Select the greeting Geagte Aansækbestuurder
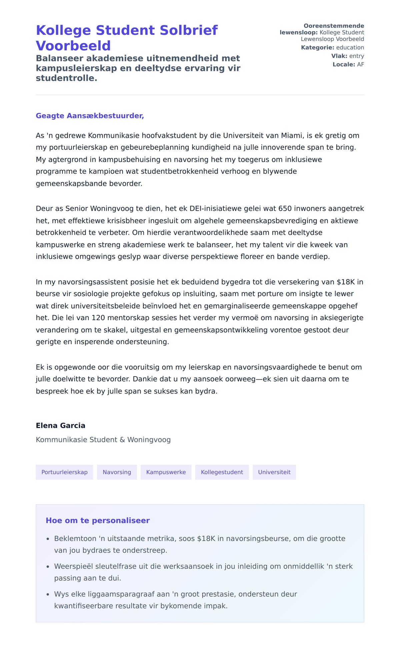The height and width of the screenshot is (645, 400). point(90,116)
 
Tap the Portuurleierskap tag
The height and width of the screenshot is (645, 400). point(64,472)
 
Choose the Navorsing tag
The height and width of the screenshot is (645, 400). point(117,472)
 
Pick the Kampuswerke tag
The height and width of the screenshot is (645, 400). point(166,472)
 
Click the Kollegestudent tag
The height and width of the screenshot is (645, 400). point(222,472)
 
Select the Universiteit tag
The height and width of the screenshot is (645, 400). point(274,472)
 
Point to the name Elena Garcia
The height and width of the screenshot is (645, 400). point(60,426)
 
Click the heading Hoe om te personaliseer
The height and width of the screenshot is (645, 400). point(98,521)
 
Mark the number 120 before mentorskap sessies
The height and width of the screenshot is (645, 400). point(98,318)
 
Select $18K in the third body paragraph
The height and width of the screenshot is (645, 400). point(346,282)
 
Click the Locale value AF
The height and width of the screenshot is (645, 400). point(360,64)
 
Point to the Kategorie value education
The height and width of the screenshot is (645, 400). point(350,47)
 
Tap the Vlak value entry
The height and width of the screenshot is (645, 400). point(356,56)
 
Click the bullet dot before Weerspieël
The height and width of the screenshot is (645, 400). point(48,567)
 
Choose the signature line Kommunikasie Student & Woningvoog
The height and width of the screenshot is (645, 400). point(103,440)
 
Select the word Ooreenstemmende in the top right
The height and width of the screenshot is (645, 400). point(334,26)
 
